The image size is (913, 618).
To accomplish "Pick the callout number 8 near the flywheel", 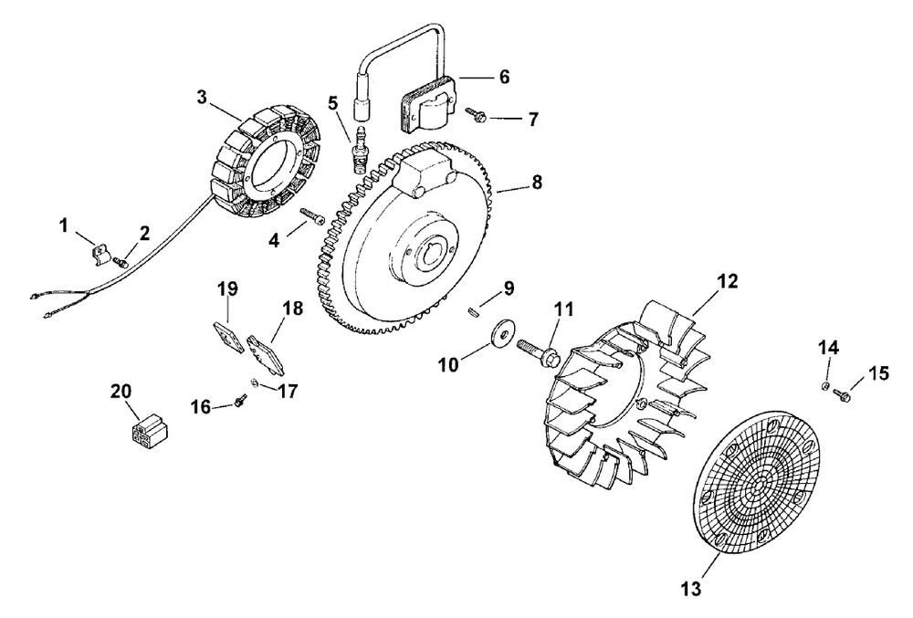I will pos(536,182).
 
